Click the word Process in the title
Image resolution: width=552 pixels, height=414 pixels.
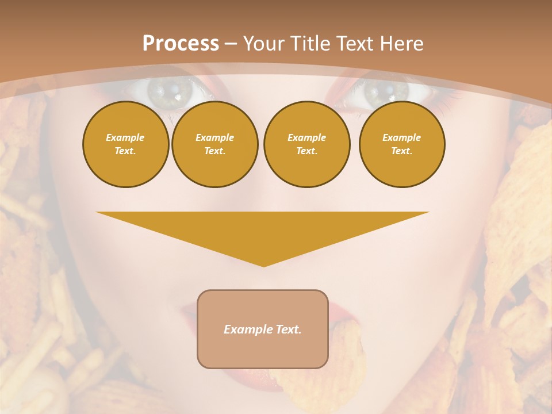point(181,44)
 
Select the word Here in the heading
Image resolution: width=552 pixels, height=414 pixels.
point(401,44)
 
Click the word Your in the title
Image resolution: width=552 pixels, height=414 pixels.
point(262,44)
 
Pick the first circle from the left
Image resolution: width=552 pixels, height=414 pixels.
point(125,144)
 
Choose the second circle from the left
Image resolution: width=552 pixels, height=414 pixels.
point(215,144)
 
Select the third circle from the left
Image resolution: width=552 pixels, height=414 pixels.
point(306,144)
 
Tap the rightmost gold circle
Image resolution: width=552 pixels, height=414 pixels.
point(402,144)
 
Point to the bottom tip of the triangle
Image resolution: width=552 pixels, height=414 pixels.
point(263,265)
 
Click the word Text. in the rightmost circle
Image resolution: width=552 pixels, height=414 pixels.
point(401,151)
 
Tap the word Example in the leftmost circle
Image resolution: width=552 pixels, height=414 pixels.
point(125,137)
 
